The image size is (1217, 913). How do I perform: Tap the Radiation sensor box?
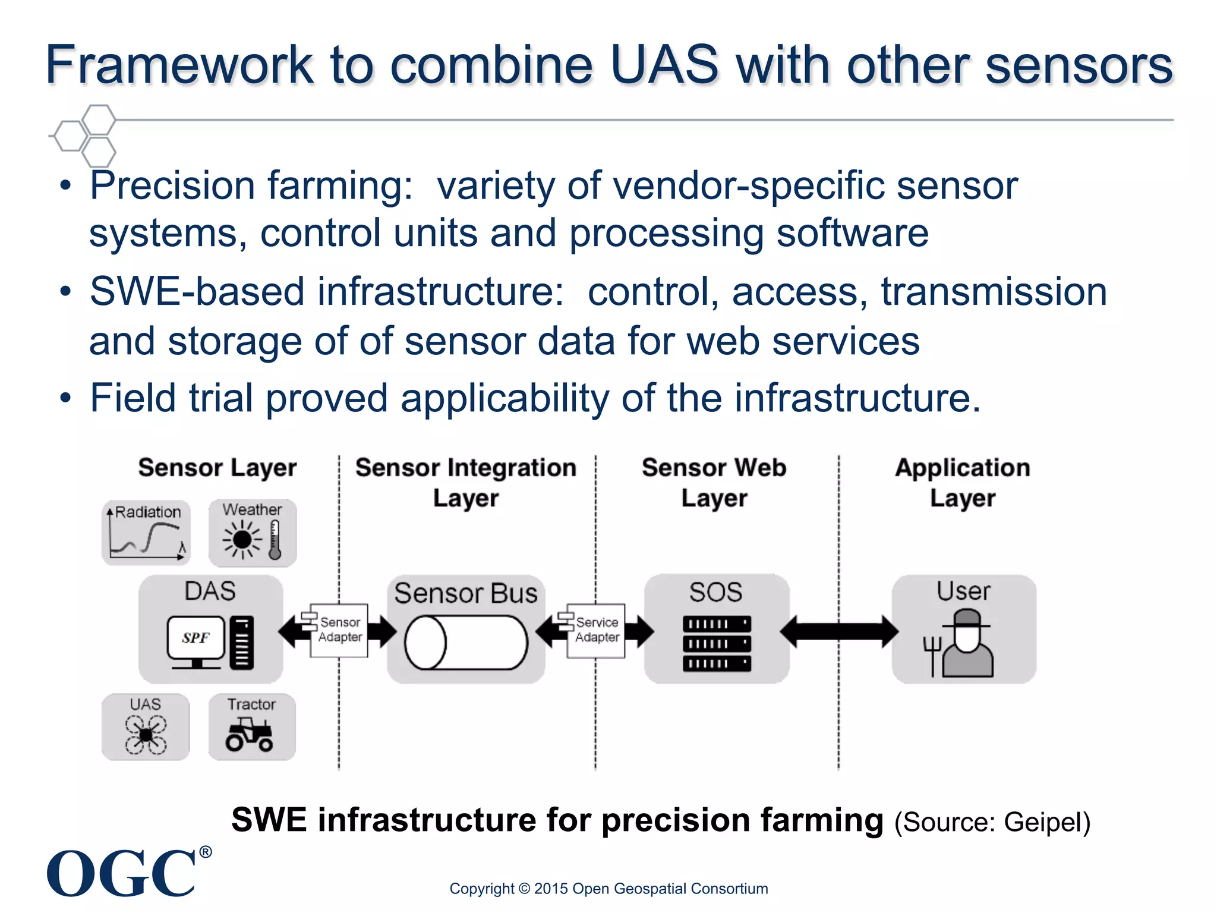click(x=146, y=533)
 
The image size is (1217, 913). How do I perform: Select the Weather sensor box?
click(x=252, y=533)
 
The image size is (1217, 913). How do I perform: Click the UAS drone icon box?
click(x=146, y=727)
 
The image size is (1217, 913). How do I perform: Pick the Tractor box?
click(x=252, y=727)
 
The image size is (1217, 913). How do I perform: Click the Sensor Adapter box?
click(x=339, y=630)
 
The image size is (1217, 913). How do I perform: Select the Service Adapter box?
click(x=596, y=630)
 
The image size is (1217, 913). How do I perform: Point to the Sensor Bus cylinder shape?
click(x=466, y=643)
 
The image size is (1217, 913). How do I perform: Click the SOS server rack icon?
click(x=717, y=644)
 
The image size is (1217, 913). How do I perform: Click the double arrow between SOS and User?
click(x=839, y=631)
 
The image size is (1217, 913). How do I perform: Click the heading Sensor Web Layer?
click(x=714, y=483)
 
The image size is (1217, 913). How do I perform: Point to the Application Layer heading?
click(x=963, y=483)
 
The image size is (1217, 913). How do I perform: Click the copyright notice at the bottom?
click(x=608, y=889)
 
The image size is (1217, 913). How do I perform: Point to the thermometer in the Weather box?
click(x=275, y=540)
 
